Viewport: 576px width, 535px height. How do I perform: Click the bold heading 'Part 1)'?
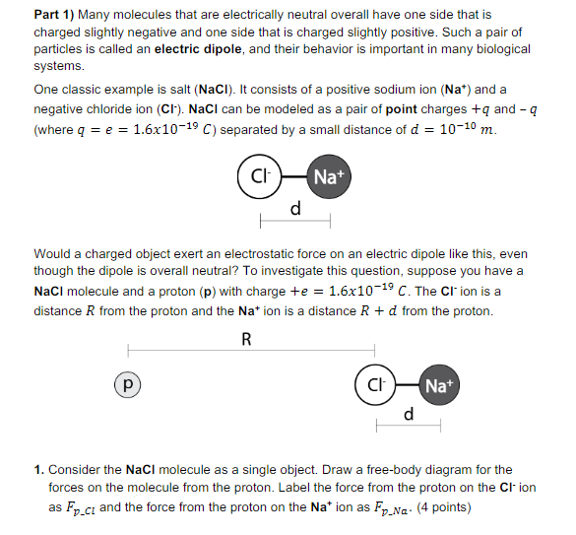coord(53,16)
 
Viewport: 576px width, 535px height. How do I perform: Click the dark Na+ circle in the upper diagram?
coord(329,178)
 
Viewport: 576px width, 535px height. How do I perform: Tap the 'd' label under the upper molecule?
coord(294,210)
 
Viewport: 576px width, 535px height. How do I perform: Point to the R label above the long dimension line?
coord(246,340)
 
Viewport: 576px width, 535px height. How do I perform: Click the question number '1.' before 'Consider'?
coord(38,471)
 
